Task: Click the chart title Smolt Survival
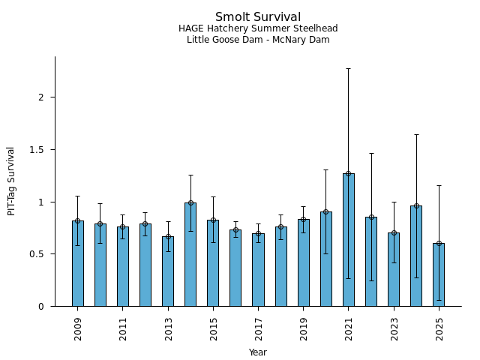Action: click(258, 17)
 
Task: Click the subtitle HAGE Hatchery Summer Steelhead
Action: click(258, 28)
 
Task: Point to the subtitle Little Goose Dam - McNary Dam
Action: click(258, 40)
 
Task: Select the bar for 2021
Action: click(349, 240)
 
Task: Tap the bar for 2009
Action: click(78, 263)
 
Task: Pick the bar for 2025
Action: click(439, 274)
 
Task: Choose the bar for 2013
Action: click(168, 271)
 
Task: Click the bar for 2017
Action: click(258, 269)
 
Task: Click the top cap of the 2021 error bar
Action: click(349, 68)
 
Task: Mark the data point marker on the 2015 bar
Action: click(213, 220)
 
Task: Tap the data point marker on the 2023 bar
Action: click(394, 232)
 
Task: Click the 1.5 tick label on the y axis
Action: click(39, 150)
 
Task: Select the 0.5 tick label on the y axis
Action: click(39, 254)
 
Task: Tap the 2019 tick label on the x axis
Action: click(304, 328)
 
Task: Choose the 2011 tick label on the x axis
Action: click(123, 328)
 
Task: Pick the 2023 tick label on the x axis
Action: click(394, 328)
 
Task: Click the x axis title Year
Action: click(258, 352)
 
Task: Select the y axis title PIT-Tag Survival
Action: click(11, 181)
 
